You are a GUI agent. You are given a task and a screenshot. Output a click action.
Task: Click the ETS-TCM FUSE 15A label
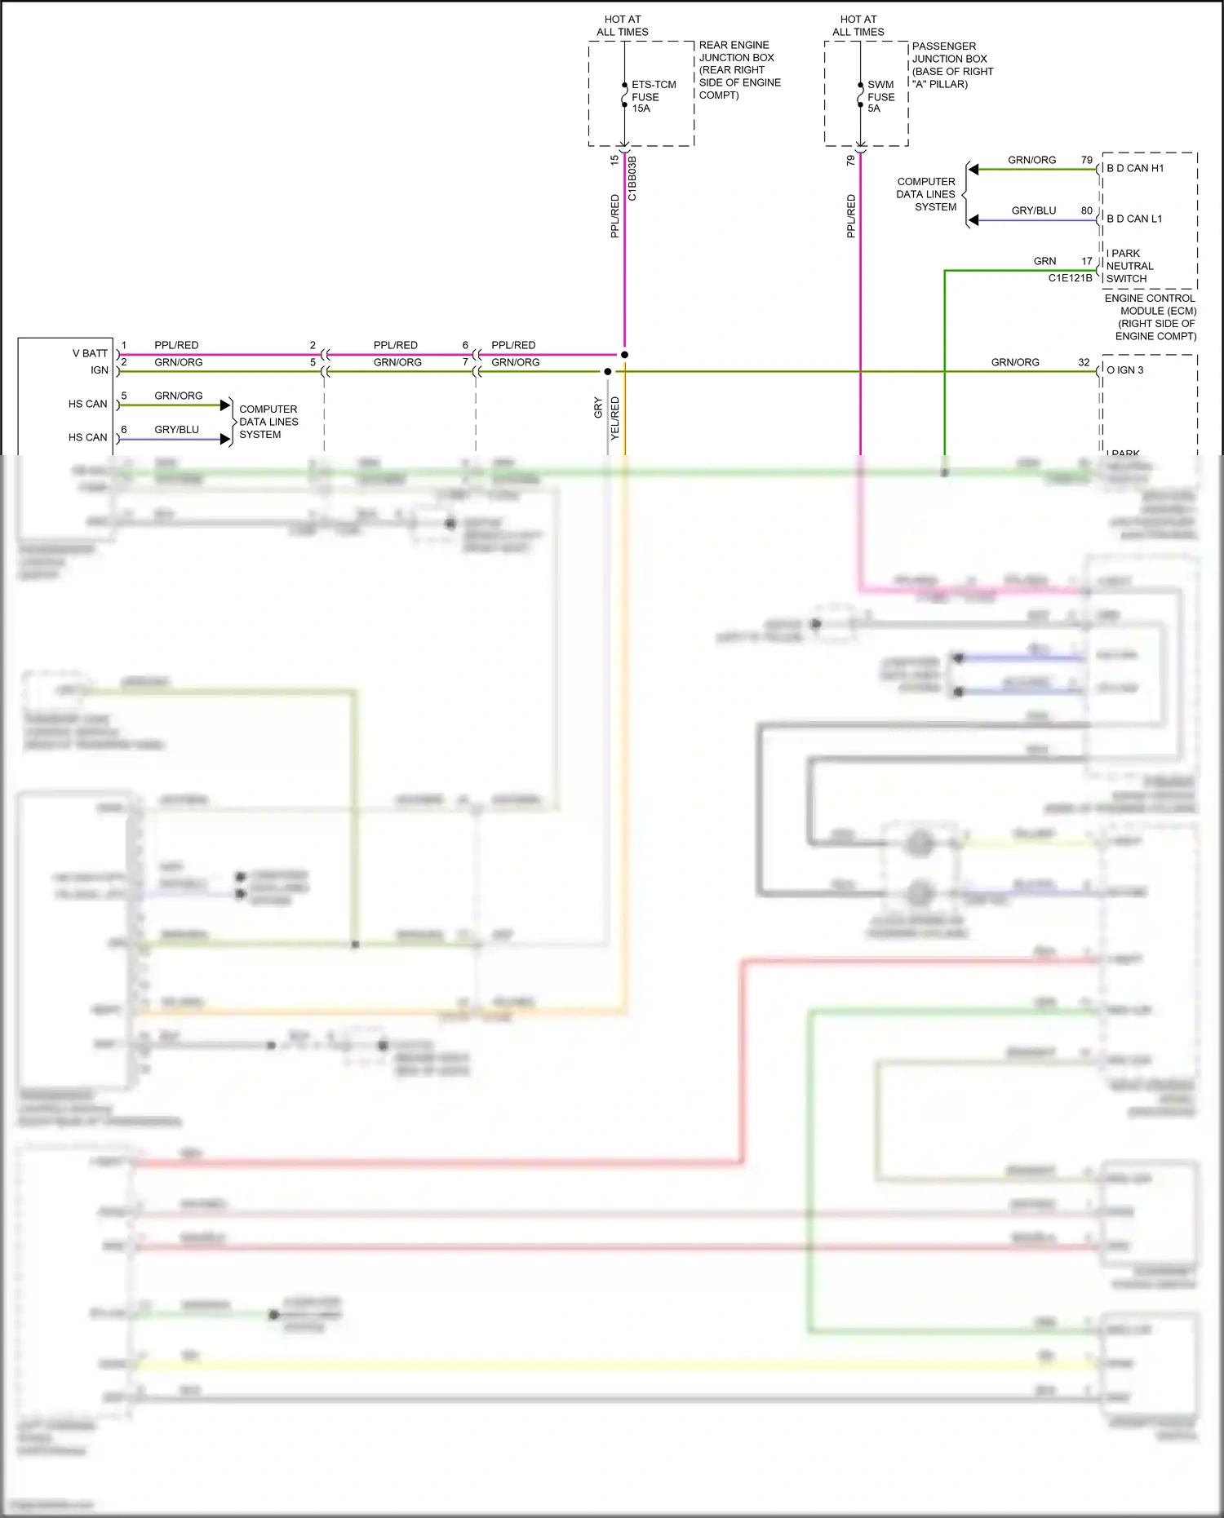(x=653, y=96)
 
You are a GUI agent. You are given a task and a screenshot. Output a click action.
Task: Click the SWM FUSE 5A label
(x=880, y=96)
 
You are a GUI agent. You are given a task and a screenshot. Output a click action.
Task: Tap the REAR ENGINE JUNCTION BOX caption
(x=738, y=70)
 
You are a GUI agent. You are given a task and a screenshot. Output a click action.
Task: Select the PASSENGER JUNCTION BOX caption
(x=951, y=65)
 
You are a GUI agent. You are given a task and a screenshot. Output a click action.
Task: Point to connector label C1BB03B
(x=632, y=179)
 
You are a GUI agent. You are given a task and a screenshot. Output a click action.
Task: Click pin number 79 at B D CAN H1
(x=1086, y=161)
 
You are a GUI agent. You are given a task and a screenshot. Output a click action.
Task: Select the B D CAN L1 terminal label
(x=1134, y=219)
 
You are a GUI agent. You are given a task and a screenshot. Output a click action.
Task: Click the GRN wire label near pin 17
(x=1044, y=261)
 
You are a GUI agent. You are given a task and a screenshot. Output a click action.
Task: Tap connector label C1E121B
(x=1070, y=278)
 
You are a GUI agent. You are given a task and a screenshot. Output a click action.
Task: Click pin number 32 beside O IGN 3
(x=1083, y=362)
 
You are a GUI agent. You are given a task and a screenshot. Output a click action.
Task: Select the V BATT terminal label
(x=90, y=353)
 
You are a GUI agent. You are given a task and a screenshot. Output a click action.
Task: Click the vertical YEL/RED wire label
(x=615, y=418)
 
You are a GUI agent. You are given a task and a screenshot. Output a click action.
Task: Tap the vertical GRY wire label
(x=598, y=408)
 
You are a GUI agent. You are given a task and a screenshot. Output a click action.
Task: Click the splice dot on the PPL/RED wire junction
(x=624, y=355)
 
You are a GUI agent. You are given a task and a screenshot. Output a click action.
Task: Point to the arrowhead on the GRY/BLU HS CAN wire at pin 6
(x=225, y=439)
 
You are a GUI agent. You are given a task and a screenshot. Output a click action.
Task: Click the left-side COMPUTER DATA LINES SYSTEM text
(x=268, y=422)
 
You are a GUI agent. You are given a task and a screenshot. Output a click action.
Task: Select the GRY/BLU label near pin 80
(x=1033, y=210)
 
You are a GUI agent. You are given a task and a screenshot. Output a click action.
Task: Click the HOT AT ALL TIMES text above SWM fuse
(x=858, y=25)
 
